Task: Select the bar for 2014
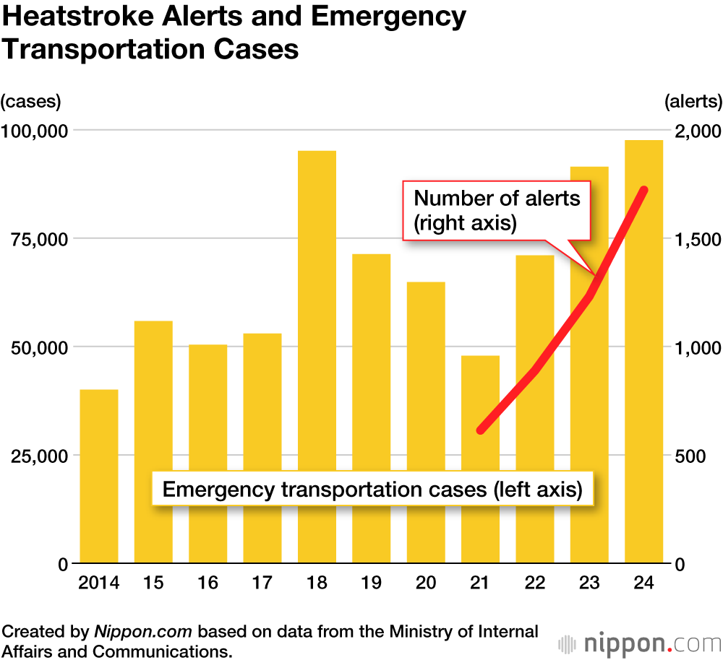[98, 476]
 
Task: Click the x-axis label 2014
[98, 583]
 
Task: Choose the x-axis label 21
[481, 583]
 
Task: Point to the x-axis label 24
[644, 583]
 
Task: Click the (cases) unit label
[30, 101]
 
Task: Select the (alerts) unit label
[693, 101]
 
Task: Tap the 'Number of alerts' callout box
[497, 210]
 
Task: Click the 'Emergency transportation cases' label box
[372, 490]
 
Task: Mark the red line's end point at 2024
[643, 190]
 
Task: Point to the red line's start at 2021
[482, 430]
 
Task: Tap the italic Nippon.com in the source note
[143, 632]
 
